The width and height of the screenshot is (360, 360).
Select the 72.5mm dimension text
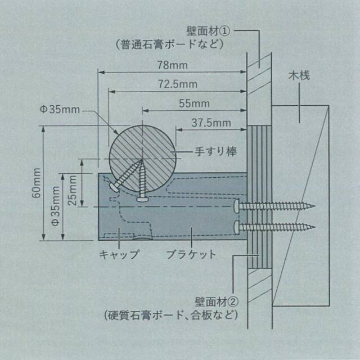[177, 85]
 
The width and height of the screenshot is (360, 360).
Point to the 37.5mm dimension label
[211, 122]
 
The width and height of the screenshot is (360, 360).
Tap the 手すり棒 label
[215, 151]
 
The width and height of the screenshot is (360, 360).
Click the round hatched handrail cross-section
[143, 153]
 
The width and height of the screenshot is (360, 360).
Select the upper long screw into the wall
[276, 206]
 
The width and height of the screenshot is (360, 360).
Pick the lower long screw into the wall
[276, 227]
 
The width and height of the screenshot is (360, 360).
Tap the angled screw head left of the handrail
[113, 188]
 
